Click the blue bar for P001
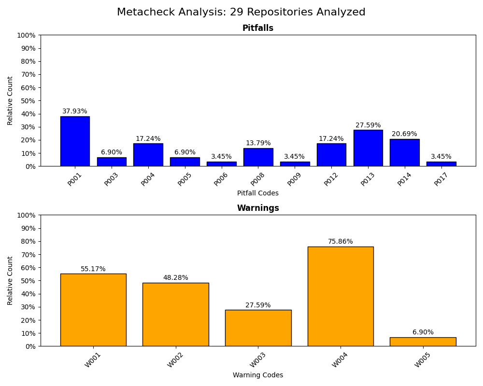75,141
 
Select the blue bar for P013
368,148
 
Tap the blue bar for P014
405,152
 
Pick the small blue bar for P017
441,164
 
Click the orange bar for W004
341,296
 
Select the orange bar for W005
423,342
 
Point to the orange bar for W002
175,314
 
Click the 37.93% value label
75,111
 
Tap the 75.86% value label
341,242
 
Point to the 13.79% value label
258,143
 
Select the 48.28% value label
175,278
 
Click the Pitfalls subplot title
258,28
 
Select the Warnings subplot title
258,208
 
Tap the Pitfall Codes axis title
258,193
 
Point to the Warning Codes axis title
258,375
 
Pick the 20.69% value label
405,134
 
